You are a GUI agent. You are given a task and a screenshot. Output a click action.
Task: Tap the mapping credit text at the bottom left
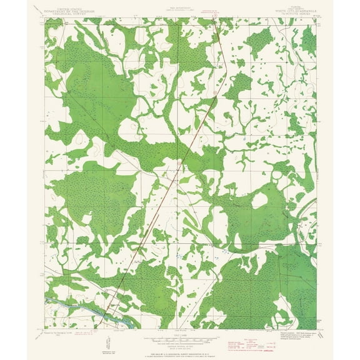point(62,335)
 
